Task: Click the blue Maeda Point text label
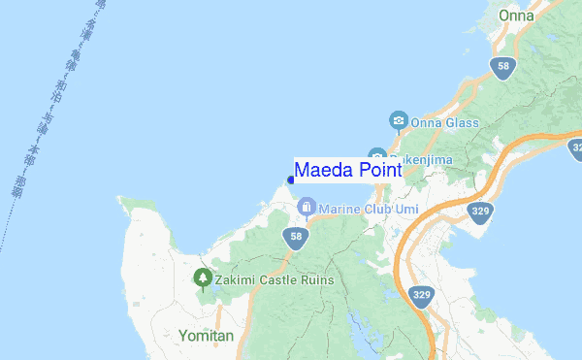(347, 170)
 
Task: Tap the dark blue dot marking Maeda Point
(291, 180)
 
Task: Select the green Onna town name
(516, 16)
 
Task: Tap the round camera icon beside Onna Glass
(397, 121)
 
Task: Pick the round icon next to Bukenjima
(376, 155)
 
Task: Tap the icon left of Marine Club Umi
(306, 208)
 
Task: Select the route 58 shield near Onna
(501, 67)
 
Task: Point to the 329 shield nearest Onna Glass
(479, 211)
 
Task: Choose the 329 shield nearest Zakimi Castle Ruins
(420, 296)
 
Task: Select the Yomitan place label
(207, 335)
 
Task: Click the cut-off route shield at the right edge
(576, 150)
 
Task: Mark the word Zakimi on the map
(236, 280)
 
